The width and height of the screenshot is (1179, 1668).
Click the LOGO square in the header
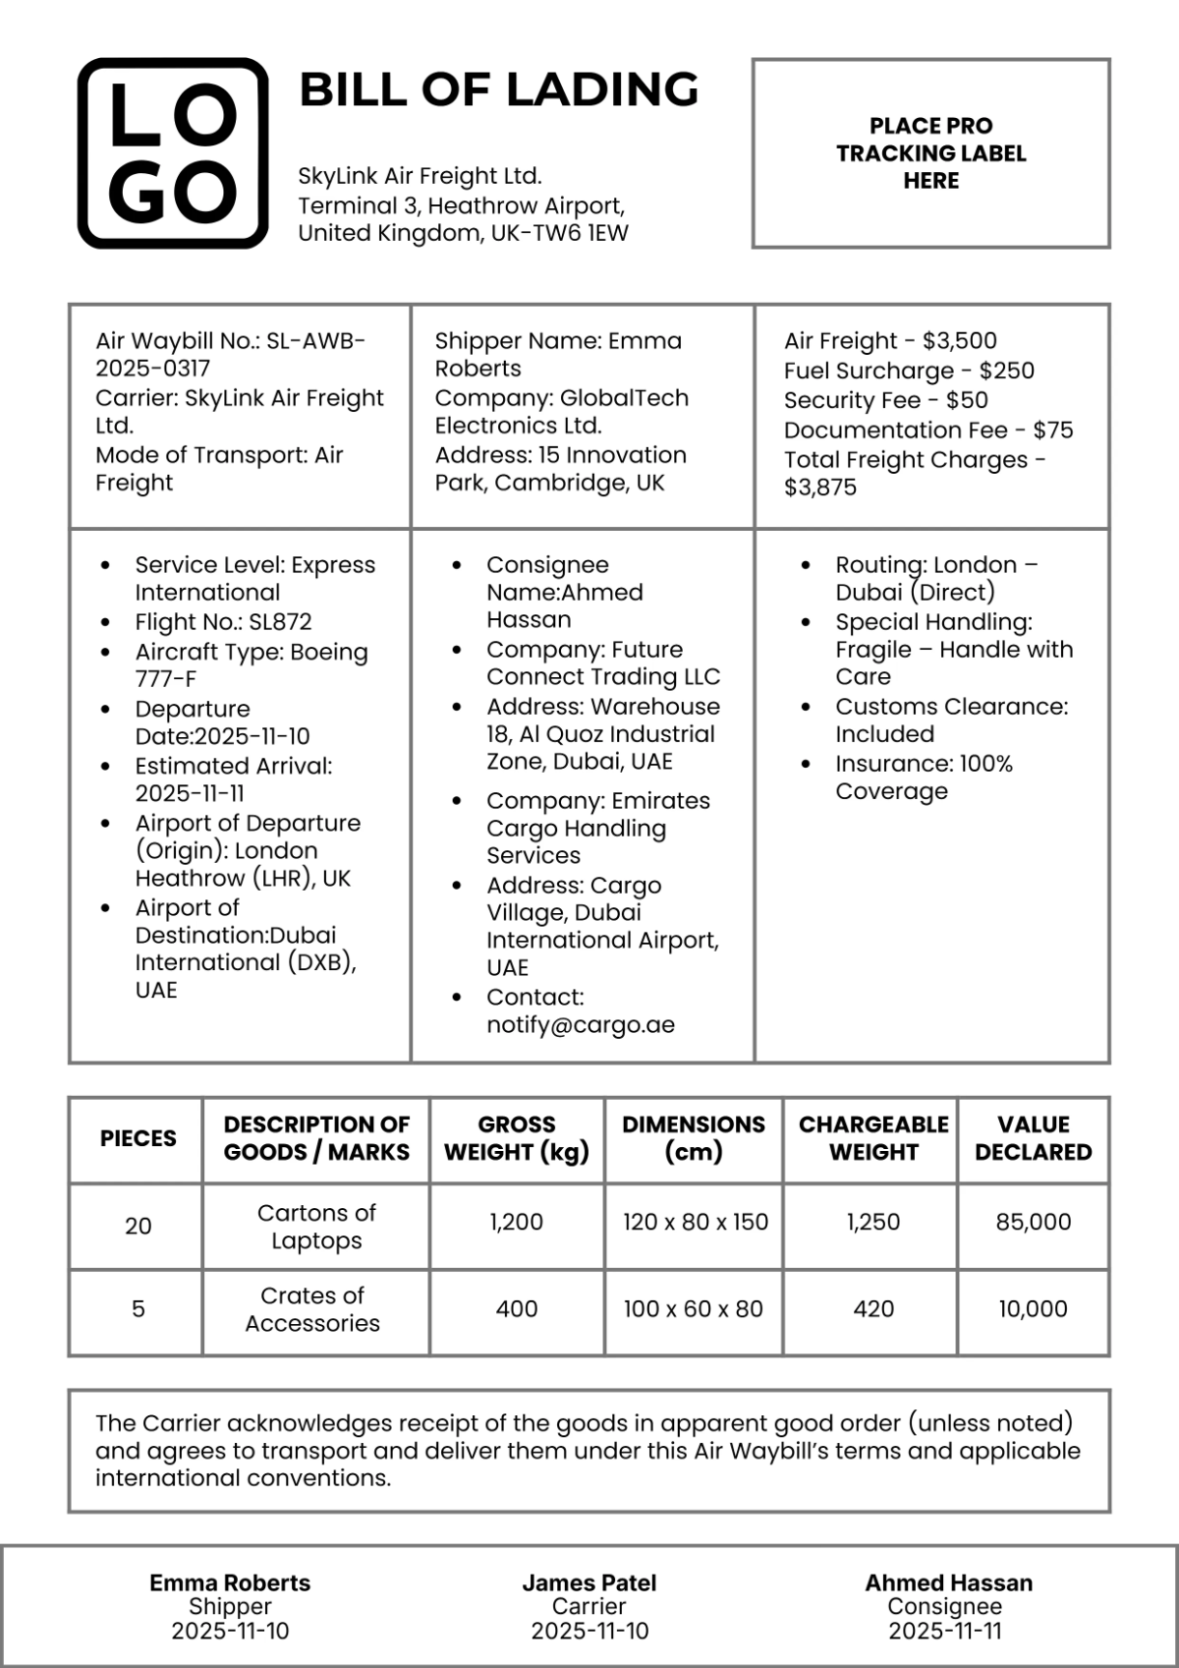point(173,153)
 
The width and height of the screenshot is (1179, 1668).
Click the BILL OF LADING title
point(498,89)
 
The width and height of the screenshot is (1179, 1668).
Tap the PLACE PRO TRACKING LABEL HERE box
point(930,153)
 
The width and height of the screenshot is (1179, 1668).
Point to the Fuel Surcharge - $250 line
point(909,371)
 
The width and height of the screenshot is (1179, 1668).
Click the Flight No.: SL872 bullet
point(223,622)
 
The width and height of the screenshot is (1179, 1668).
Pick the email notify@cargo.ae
point(581,1025)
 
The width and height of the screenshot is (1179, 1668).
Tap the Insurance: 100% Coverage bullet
point(924,777)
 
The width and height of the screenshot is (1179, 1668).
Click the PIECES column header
point(138,1138)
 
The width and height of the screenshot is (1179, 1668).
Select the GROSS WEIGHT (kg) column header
point(517,1138)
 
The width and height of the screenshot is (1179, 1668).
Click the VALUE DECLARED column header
point(1033,1138)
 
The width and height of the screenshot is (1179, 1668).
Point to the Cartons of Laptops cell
point(316,1226)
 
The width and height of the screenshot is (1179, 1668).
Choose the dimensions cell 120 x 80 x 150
point(695,1222)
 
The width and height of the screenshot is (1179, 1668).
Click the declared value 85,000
point(1033,1222)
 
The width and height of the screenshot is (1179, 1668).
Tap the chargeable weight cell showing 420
point(873,1309)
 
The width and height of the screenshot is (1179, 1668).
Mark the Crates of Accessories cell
point(312,1309)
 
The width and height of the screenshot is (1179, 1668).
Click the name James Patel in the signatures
point(589,1582)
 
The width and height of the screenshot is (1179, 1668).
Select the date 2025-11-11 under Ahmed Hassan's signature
point(945,1631)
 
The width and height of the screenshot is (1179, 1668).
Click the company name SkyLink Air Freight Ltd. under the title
point(420,176)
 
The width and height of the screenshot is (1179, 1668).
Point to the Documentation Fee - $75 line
point(927,430)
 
